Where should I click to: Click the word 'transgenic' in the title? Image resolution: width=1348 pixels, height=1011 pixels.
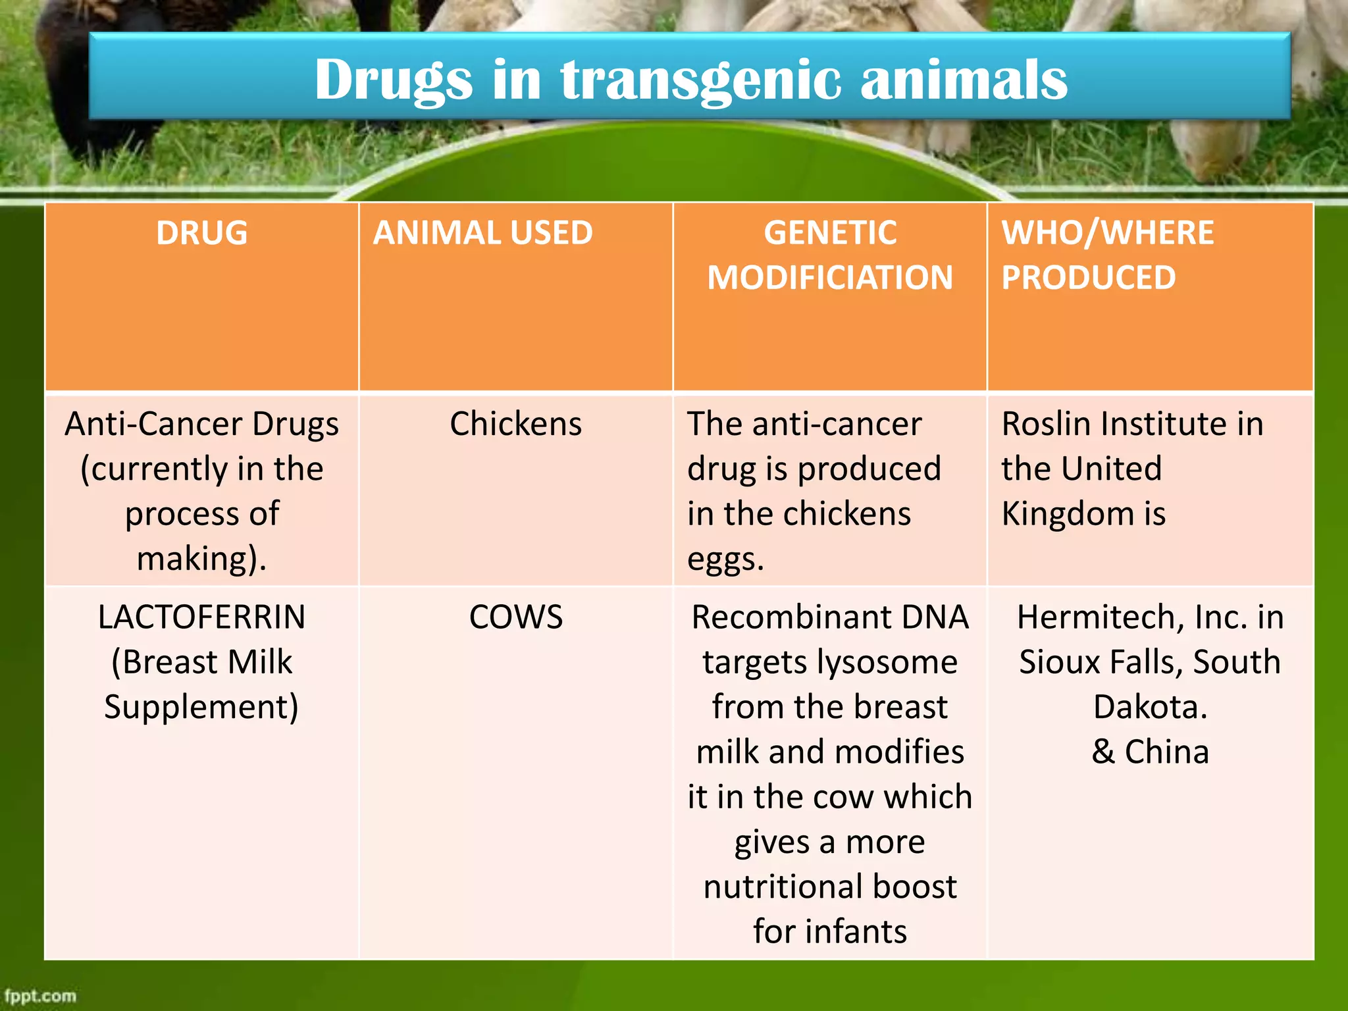[x=700, y=80]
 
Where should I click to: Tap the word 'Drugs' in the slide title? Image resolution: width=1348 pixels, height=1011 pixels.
[x=393, y=80]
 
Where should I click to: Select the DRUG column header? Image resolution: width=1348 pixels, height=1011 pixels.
[x=201, y=233]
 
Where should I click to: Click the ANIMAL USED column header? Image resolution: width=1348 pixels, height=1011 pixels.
[x=482, y=233]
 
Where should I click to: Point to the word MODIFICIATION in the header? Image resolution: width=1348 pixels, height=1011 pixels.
[x=830, y=278]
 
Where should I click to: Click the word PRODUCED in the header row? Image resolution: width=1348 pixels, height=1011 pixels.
[x=1088, y=278]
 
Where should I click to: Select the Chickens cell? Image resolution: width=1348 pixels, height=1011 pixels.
[x=515, y=424]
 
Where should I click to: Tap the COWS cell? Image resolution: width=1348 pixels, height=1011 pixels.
[x=515, y=617]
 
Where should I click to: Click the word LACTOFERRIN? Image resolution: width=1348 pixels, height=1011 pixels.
[x=201, y=617]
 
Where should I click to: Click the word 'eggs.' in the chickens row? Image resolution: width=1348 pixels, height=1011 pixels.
[x=725, y=559]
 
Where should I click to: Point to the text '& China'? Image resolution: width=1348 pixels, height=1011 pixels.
[x=1150, y=752]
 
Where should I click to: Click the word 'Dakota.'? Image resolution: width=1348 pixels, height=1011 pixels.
[x=1150, y=707]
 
